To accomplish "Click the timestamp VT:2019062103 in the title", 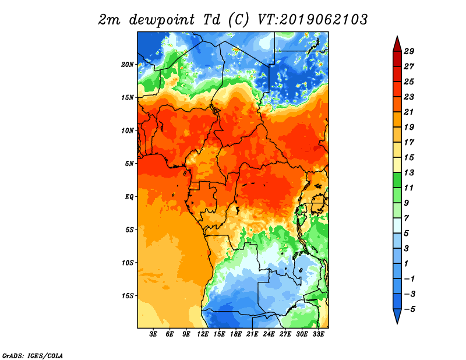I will tap(312, 19).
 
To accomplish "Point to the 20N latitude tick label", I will tap(128, 64).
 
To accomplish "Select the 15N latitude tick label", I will tap(128, 97).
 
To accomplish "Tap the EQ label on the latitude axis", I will tap(129, 196).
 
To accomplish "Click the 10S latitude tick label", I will tap(128, 263).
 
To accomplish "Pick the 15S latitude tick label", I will tap(128, 296).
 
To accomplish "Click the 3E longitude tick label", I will tap(154, 334).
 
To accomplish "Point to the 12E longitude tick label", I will tap(203, 334).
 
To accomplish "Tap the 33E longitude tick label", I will tap(318, 334).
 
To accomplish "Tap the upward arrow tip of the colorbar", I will tap(397, 38).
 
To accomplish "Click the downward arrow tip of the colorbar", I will tap(397, 322).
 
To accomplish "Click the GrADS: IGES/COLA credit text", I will tap(32, 355).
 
